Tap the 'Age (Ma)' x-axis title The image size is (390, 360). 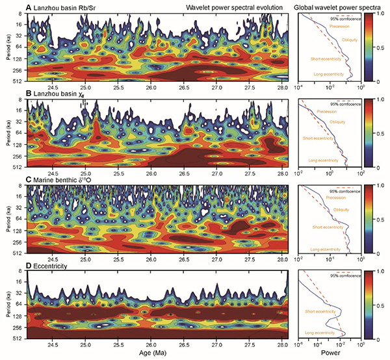click(159, 354)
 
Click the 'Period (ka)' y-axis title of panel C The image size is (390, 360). click(6, 220)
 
